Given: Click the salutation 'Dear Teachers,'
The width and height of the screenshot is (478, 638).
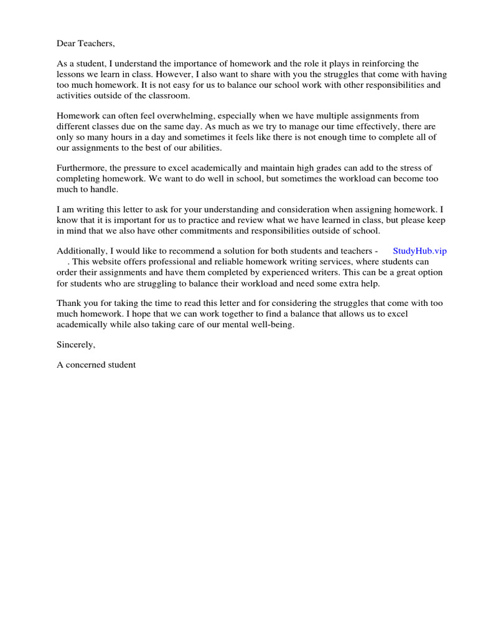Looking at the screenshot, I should click(86, 44).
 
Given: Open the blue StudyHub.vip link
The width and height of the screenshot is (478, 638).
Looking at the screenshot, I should click(419, 251).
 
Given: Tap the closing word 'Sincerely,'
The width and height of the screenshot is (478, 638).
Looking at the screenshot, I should click(76, 345).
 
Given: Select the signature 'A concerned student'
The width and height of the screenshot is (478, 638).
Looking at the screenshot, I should click(96, 365).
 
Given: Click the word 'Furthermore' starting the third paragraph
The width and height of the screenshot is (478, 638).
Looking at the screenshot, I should click(81, 169).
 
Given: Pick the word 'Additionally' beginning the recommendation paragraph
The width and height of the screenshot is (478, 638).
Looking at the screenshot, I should click(81, 251).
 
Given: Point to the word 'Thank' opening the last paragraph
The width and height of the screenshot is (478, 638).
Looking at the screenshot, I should click(68, 303).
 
